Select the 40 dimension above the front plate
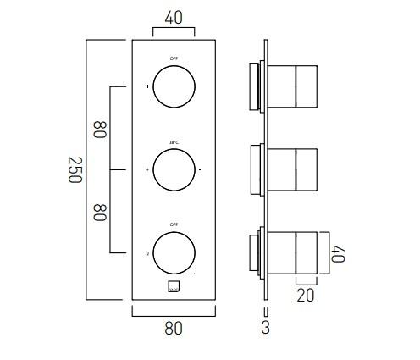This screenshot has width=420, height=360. click(x=173, y=16)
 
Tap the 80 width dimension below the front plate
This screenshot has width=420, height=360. click(x=173, y=327)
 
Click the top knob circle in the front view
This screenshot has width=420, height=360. click(x=173, y=86)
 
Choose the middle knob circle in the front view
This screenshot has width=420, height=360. click(x=173, y=169)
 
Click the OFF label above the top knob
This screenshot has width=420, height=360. click(x=173, y=58)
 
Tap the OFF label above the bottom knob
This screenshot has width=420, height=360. click(x=173, y=224)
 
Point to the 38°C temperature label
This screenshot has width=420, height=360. click(x=173, y=141)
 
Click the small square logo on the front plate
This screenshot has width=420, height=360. click(x=173, y=286)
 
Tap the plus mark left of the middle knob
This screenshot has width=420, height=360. click(x=148, y=170)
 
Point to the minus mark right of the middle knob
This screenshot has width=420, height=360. click(x=200, y=170)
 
